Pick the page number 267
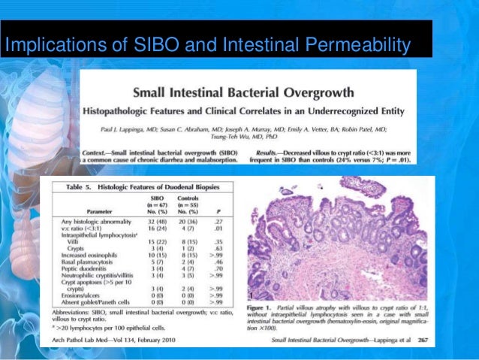(x=420, y=336)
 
